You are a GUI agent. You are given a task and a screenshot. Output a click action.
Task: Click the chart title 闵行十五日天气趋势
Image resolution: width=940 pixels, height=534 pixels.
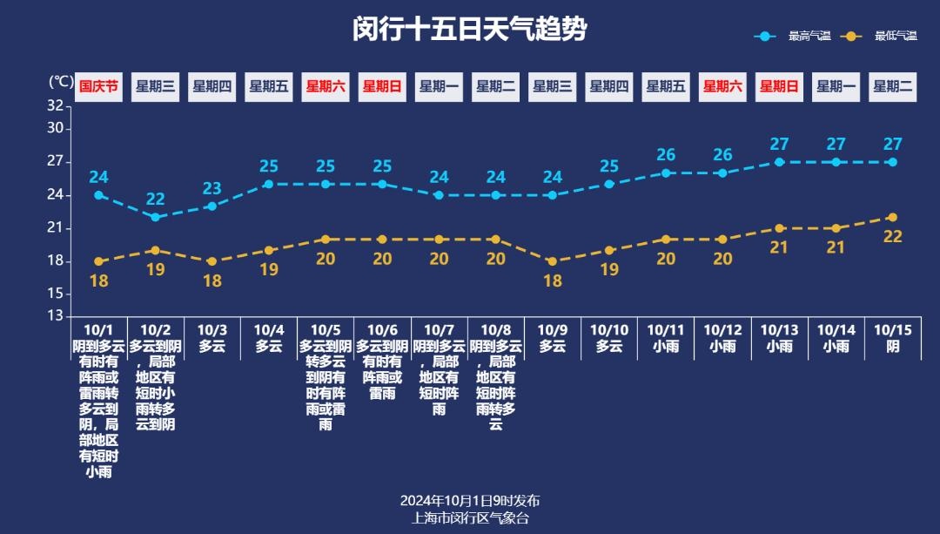coord(469,30)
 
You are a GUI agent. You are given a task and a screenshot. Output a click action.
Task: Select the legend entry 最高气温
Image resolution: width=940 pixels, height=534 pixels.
coord(809,37)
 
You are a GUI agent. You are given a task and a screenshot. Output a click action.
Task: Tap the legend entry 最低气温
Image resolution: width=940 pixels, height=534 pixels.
coord(896,37)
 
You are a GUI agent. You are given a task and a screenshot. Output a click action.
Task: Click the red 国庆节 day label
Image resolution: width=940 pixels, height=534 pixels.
coord(98,86)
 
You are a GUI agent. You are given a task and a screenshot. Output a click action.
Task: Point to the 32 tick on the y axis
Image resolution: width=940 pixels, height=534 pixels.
coord(56,105)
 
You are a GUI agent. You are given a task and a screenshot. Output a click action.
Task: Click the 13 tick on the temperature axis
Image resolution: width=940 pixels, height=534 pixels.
coord(56,316)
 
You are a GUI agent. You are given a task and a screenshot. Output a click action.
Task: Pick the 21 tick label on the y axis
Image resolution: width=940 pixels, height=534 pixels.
coord(56,228)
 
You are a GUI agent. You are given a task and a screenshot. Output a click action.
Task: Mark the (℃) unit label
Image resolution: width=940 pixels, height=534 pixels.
coord(60,82)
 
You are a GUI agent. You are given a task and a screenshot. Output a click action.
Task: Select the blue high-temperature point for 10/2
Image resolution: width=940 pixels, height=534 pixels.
coord(155,217)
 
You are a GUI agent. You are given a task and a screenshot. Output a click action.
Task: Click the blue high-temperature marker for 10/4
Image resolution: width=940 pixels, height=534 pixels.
coord(269,184)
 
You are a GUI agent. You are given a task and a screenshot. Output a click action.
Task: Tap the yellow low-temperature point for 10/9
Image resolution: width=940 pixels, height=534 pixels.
coord(552,261)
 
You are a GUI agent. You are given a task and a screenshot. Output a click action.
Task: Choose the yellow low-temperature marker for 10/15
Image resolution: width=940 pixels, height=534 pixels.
coord(892,217)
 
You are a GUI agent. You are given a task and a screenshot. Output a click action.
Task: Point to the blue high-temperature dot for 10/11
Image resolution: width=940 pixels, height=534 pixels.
coord(666,172)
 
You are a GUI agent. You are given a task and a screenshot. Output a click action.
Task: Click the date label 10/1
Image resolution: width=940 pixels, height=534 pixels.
coord(98,330)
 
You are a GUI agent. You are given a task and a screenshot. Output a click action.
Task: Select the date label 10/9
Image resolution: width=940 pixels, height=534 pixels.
coord(552,330)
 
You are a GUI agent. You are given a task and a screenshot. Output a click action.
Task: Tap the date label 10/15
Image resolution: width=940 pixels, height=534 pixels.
coord(892,330)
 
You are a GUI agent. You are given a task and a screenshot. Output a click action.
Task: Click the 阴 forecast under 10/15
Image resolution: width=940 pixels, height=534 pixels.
coord(892,346)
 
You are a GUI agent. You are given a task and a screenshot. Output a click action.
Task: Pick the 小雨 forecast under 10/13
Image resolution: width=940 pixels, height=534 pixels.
coord(779,346)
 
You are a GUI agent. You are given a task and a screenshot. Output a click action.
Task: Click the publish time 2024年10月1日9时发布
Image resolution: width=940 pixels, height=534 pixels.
coord(469,501)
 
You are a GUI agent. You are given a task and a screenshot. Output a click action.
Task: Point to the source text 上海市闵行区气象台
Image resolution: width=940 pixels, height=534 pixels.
coord(469,517)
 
